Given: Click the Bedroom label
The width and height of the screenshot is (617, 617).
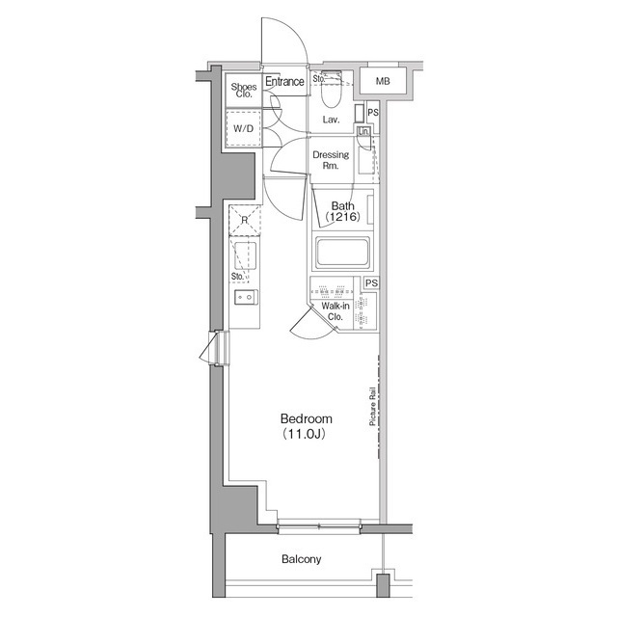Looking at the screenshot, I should click(306, 419).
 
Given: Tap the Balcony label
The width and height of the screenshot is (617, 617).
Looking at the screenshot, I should click(302, 559).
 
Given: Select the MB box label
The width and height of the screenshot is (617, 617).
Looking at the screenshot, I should click(383, 82).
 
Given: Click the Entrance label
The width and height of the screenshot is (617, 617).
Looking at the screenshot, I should click(284, 82).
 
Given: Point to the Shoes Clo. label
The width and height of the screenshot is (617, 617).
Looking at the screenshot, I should click(243, 92).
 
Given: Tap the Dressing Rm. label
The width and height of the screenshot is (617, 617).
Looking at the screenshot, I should click(331, 159).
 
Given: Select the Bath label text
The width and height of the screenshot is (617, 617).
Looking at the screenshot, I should click(341, 205).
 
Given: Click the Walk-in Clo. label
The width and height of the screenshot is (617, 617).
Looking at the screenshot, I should click(335, 311).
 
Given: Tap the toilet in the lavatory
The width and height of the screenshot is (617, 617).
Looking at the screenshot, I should click(330, 94).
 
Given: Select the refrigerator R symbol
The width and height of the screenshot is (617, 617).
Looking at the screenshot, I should click(245, 221).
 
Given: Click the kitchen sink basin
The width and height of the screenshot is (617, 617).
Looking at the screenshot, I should click(246, 257).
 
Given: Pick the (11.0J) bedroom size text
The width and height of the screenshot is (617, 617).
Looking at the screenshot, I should click(306, 435).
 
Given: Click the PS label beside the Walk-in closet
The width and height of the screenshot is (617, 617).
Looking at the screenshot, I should click(371, 282).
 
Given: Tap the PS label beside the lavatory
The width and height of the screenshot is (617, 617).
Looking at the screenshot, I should click(372, 114).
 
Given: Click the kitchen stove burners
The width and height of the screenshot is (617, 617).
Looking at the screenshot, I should click(245, 297).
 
